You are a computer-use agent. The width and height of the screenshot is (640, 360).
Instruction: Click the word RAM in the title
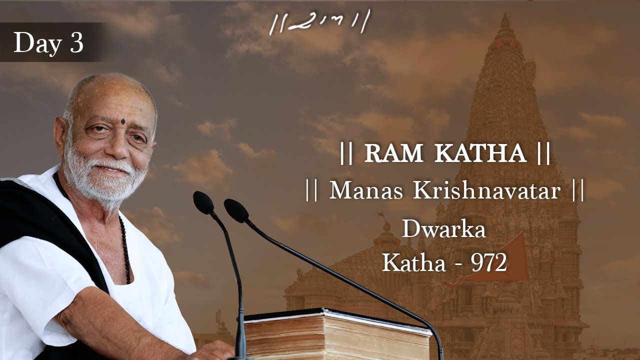click(394, 154)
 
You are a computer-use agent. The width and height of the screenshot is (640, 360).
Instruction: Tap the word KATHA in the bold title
click(480, 154)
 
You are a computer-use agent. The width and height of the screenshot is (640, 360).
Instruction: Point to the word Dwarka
click(443, 230)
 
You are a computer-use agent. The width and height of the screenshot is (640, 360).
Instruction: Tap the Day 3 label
click(48, 43)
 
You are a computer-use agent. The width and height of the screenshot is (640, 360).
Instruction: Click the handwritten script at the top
click(319, 22)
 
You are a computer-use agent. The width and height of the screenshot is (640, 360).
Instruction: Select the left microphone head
click(203, 202)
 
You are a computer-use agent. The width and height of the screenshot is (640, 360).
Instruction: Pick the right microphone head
click(235, 210)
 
